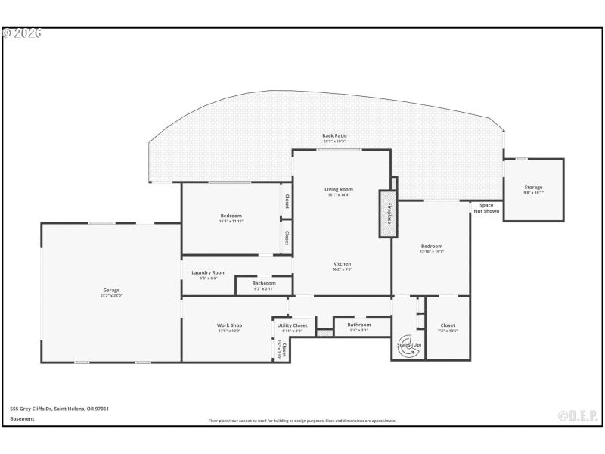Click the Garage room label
point(111,290)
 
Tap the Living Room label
point(339,189)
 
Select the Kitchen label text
point(342,263)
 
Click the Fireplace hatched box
point(388,214)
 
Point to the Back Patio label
point(334,136)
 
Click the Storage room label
point(533,188)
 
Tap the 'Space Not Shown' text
point(486,208)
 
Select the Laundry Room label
point(208,272)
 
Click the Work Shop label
point(229,325)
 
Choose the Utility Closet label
point(292,325)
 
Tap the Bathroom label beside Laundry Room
point(264,283)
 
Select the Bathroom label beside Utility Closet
point(359,325)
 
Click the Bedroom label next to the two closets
point(231,216)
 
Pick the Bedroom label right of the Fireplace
point(431,246)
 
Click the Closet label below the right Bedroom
point(448,325)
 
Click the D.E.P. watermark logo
point(577,415)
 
